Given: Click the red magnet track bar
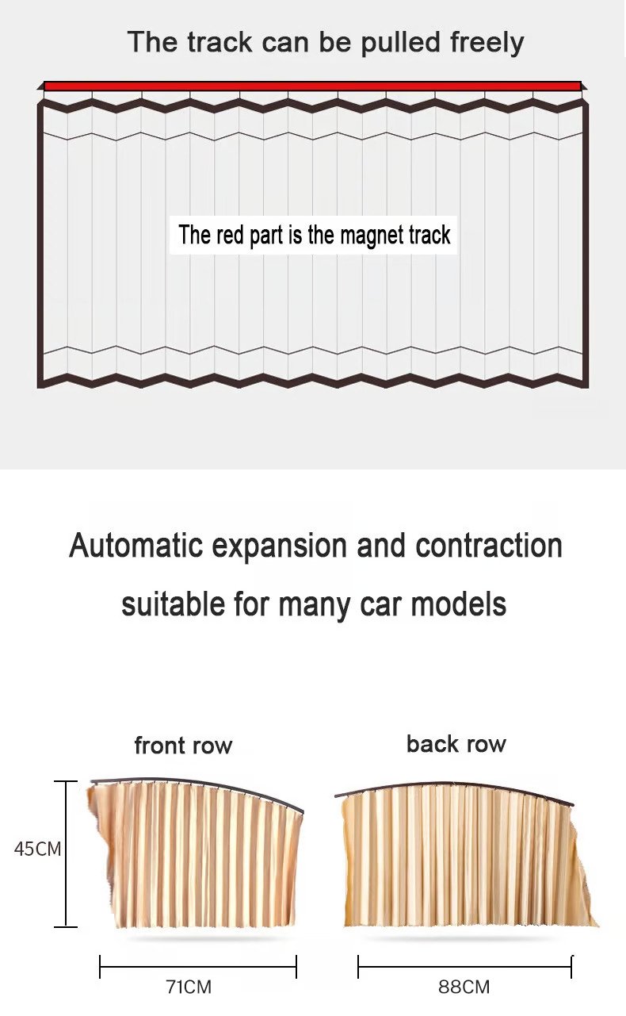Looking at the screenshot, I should [x=312, y=86].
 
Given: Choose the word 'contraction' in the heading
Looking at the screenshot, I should [x=489, y=546].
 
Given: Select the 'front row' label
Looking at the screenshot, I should [x=183, y=746].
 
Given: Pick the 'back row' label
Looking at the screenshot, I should [x=456, y=744].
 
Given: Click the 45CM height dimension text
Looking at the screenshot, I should [x=37, y=849].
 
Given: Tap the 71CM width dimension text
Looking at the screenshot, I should [x=189, y=987].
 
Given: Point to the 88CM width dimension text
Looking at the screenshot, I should [x=464, y=987].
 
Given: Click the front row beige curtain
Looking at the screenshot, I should [x=198, y=857].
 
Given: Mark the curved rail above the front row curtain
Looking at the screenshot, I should [x=198, y=784].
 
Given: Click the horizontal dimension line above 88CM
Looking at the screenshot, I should [x=464, y=967].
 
